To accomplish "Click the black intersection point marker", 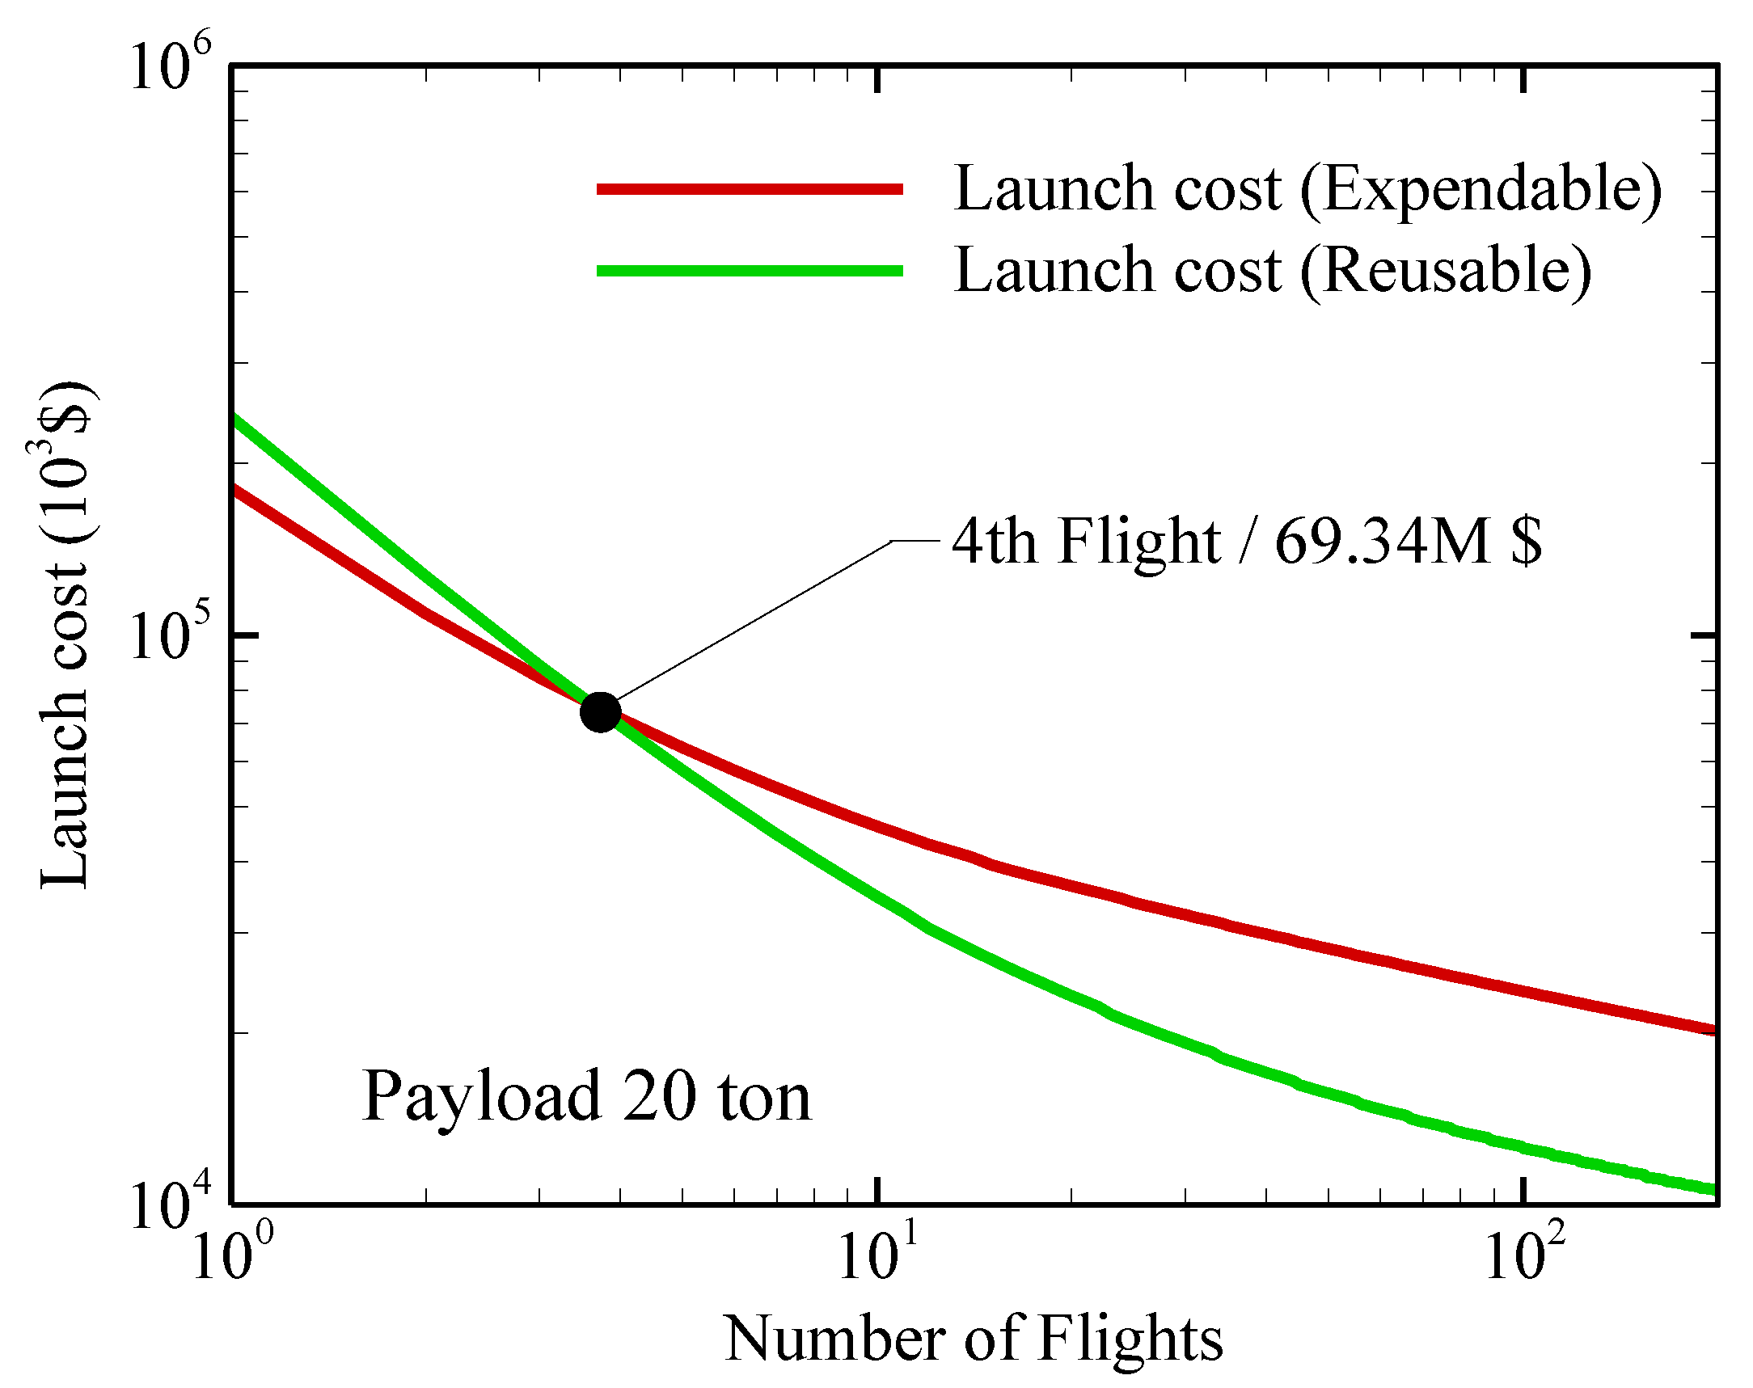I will click(x=601, y=713).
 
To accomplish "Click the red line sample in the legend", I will click(x=750, y=188).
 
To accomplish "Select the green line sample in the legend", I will click(x=750, y=271).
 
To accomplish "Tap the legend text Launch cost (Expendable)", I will click(x=1307, y=189).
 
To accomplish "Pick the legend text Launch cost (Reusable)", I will click(x=1272, y=271).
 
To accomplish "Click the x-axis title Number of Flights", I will click(x=973, y=1339).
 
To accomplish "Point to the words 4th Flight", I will click(x=1085, y=542).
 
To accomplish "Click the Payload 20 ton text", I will click(x=587, y=1097).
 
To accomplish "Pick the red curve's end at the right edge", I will click(x=1712, y=1031).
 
